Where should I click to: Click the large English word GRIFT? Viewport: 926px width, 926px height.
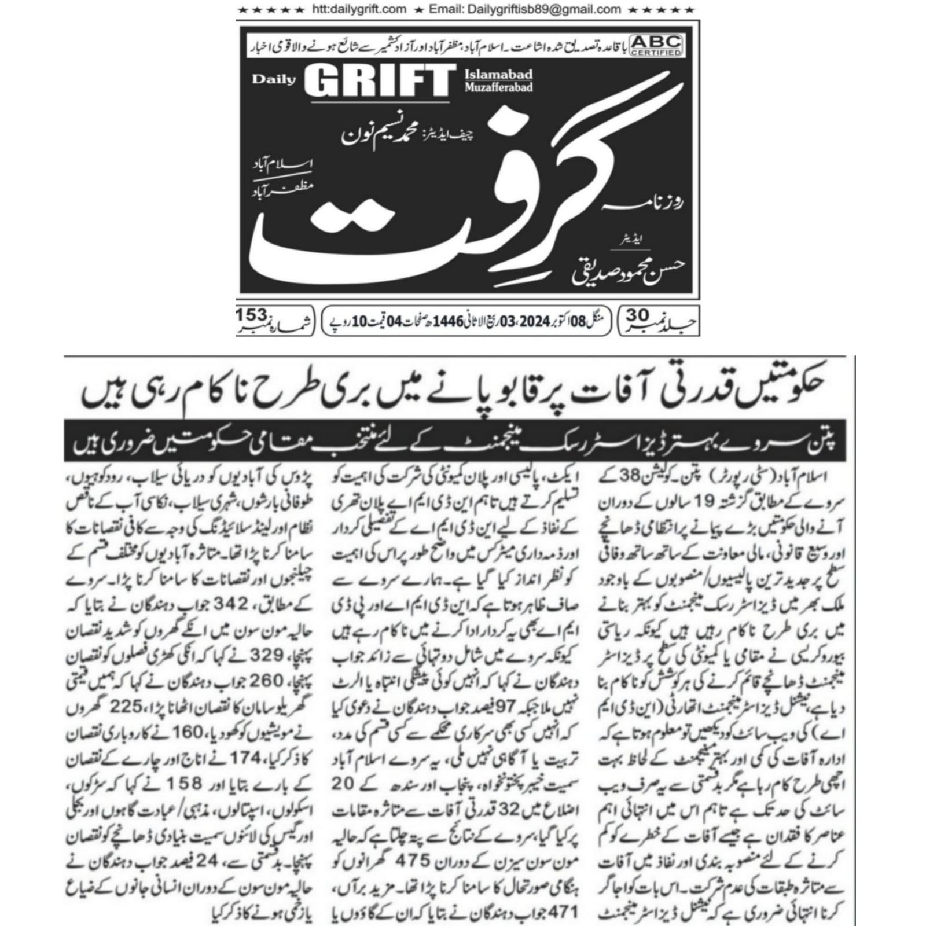(x=377, y=81)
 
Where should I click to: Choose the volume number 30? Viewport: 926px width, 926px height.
(x=638, y=315)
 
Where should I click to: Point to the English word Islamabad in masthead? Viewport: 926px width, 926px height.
(x=498, y=74)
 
